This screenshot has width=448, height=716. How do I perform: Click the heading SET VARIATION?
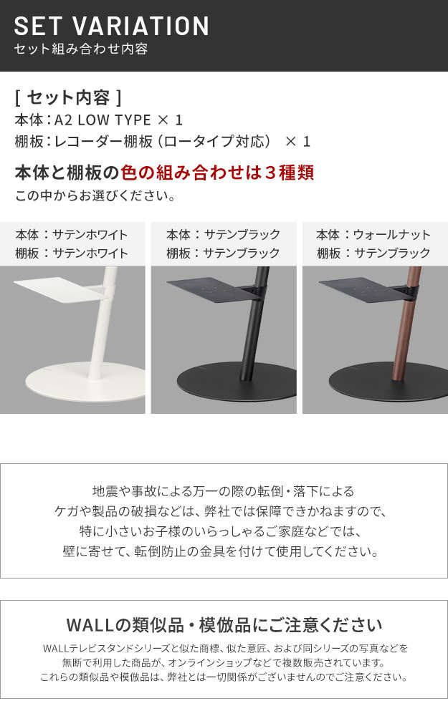(x=112, y=26)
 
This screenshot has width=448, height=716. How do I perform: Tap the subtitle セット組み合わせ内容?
(x=81, y=49)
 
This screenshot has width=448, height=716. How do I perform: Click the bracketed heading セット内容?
(x=68, y=97)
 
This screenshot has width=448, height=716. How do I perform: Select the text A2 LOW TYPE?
(x=103, y=120)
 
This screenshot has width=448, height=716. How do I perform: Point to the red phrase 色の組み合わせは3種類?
(x=217, y=173)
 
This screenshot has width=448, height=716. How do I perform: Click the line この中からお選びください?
(x=95, y=196)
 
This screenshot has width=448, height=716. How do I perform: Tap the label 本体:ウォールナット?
(x=373, y=235)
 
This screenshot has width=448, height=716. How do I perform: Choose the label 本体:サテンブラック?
(x=223, y=235)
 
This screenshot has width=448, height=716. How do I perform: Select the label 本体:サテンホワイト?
(x=71, y=235)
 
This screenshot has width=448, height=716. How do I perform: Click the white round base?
(x=85, y=382)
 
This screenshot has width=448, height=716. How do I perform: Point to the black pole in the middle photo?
(x=254, y=323)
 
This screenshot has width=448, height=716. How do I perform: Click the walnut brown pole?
(x=406, y=323)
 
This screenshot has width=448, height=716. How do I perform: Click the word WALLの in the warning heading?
(x=98, y=624)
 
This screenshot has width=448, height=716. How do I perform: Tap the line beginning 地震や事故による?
(x=224, y=491)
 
